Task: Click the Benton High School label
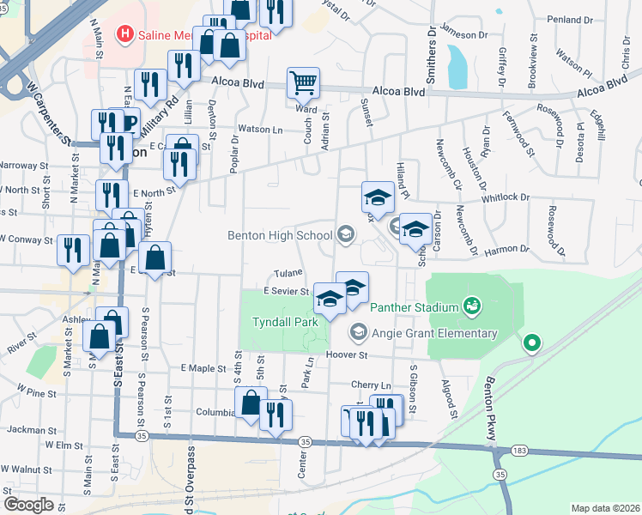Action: [280, 235]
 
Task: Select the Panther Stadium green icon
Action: [470, 305]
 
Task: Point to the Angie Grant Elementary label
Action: [434, 333]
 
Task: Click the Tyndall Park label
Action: [285, 322]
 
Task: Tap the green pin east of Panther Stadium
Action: [532, 344]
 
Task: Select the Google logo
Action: [27, 504]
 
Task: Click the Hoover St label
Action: [346, 354]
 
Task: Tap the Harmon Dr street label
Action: [507, 250]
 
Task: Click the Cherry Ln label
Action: [371, 385]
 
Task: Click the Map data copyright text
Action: [604, 508]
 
